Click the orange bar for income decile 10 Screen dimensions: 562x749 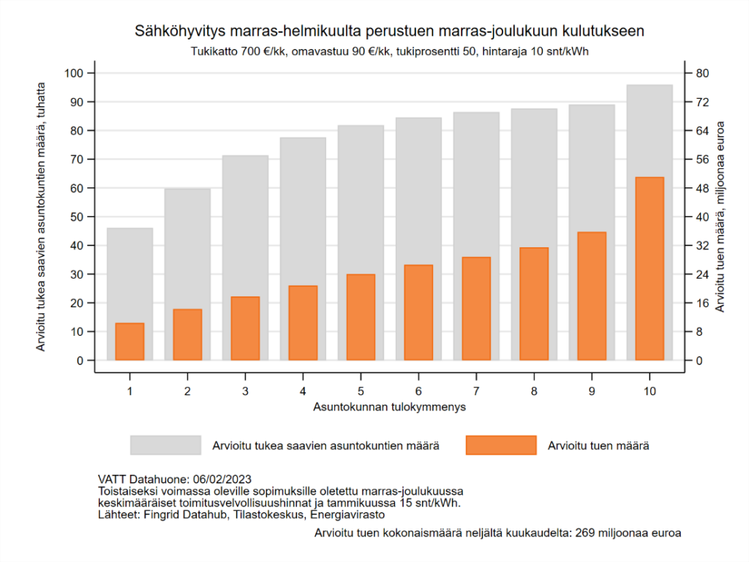point(650,269)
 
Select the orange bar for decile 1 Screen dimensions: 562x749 point(129,342)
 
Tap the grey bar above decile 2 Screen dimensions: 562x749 point(187,249)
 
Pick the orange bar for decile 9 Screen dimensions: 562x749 point(592,296)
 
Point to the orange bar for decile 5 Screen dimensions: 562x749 point(361,318)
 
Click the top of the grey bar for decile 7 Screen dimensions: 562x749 point(476,113)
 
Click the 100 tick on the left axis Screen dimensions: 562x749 point(75,73)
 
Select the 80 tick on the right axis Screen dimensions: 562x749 point(699,73)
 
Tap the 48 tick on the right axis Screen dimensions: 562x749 point(699,188)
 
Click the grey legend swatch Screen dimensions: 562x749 point(165,445)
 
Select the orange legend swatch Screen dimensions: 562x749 point(501,445)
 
